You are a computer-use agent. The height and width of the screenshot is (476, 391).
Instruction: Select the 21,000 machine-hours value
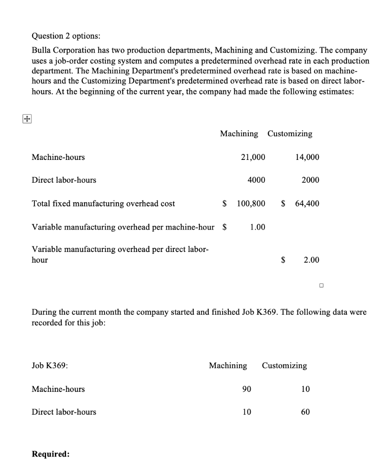click(x=253, y=157)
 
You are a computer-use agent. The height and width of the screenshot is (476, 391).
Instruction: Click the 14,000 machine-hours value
click(x=307, y=157)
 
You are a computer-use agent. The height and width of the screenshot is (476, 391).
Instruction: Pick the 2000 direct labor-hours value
click(x=310, y=180)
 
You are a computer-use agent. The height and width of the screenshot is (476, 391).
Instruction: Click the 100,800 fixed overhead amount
click(x=251, y=203)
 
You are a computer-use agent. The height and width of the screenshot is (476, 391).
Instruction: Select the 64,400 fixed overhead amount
click(x=307, y=203)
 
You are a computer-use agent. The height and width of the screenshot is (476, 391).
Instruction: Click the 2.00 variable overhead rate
click(x=311, y=260)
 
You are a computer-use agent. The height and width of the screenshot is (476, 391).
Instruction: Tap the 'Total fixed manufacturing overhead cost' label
click(x=103, y=203)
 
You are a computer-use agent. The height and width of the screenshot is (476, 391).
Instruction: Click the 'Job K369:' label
click(x=50, y=366)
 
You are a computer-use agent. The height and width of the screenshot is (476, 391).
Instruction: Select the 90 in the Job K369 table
click(x=246, y=389)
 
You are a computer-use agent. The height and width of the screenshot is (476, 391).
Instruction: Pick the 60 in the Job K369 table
click(x=305, y=412)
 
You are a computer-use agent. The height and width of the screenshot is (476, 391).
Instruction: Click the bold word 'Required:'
click(x=51, y=454)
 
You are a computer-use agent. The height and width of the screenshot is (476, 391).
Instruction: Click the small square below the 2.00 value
click(x=321, y=285)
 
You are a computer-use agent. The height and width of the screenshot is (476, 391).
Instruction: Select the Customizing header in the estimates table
click(x=290, y=134)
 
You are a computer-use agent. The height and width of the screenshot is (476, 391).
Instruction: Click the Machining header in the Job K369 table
click(x=228, y=366)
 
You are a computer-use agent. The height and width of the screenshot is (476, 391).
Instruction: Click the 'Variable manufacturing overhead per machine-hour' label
click(x=123, y=227)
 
